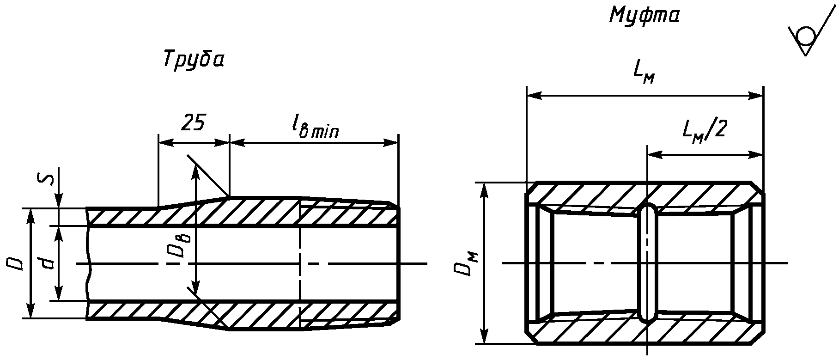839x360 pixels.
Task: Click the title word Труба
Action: pos(194,60)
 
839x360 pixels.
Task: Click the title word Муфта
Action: pos(644,16)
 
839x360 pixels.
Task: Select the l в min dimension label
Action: pos(315,127)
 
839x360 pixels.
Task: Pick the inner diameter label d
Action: pos(46,264)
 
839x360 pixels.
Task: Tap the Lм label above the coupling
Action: pos(644,73)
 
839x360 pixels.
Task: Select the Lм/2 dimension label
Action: pos(704,130)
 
